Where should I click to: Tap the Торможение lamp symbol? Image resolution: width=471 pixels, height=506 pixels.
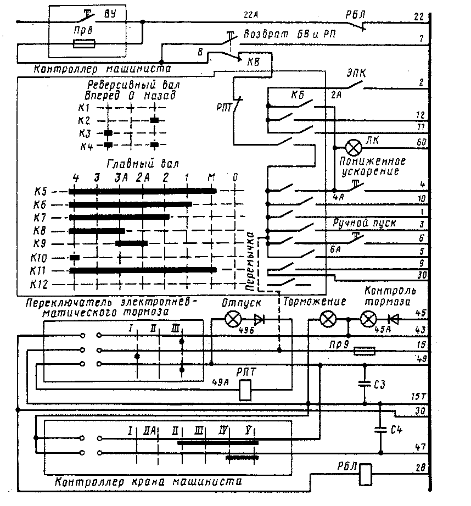[329, 318]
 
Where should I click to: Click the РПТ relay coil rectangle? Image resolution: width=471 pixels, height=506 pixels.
[246, 390]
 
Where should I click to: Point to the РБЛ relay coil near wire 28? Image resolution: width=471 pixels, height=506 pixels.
[366, 473]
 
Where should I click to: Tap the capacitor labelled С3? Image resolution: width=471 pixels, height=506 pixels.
[363, 383]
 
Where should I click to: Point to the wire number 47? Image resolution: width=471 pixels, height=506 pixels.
[420, 447]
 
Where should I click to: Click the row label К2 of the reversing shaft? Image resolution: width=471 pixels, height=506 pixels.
[84, 120]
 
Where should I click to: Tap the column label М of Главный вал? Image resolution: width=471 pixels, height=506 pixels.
[211, 178]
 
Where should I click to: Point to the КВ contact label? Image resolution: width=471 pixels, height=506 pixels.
[253, 62]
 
